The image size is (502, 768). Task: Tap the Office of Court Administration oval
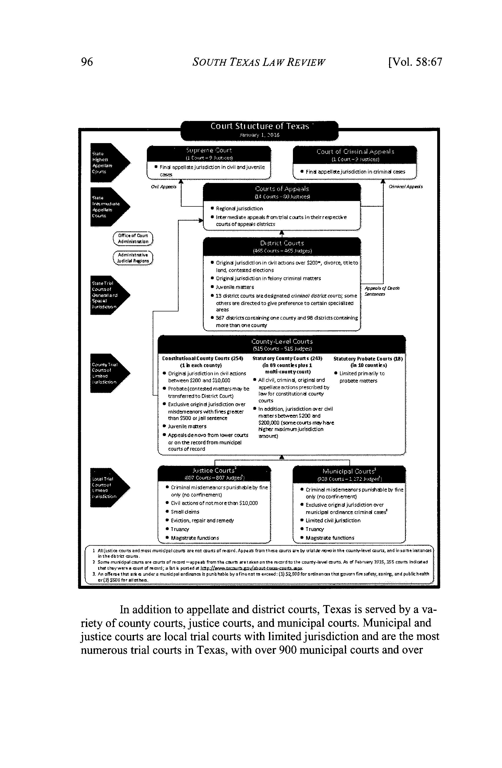[133, 239]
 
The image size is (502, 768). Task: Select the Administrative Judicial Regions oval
[133, 258]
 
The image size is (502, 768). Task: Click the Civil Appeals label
[164, 187]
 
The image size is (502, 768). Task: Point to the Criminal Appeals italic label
[406, 187]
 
